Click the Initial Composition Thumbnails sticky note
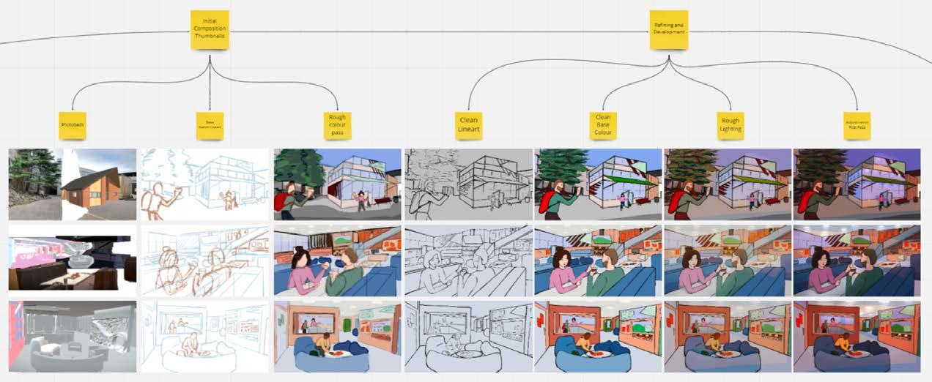pyautogui.click(x=210, y=29)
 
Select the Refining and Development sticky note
pyautogui.click(x=669, y=29)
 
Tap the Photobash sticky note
pyautogui.click(x=72, y=126)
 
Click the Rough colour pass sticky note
pyautogui.click(x=338, y=126)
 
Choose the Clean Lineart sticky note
pyautogui.click(x=468, y=126)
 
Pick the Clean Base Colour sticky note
pyautogui.click(x=602, y=126)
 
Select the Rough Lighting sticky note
pyautogui.click(x=731, y=126)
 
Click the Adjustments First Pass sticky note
pyautogui.click(x=857, y=126)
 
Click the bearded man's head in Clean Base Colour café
pyautogui.click(x=613, y=258)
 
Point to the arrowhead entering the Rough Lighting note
pyautogui.click(x=731, y=109)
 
